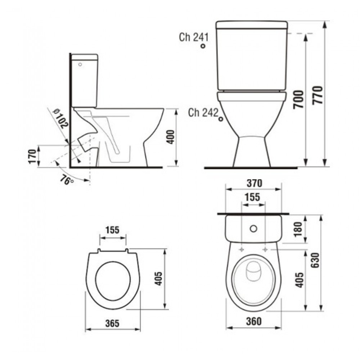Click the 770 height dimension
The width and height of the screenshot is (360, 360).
tap(318, 95)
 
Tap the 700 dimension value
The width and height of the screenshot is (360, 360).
tap(298, 99)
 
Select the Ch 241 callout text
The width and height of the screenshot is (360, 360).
tap(194, 37)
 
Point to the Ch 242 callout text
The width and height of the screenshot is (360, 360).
tap(203, 112)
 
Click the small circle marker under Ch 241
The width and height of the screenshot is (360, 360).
tap(203, 46)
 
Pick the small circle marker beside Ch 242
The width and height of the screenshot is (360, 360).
tap(221, 119)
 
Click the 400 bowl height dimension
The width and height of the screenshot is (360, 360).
tap(170, 137)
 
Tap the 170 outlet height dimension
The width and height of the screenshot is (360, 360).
tap(32, 156)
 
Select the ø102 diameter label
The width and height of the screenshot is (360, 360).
tap(60, 118)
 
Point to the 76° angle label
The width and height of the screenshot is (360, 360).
tap(67, 180)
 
